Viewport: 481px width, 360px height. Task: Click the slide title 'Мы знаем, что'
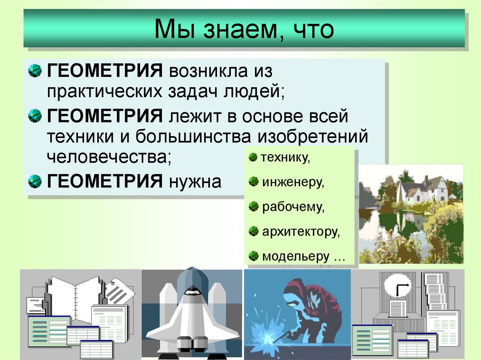(244, 30)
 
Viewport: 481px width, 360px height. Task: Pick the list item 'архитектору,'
(301, 231)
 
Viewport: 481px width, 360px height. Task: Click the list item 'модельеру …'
(303, 257)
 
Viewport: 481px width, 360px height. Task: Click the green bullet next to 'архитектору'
(254, 231)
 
